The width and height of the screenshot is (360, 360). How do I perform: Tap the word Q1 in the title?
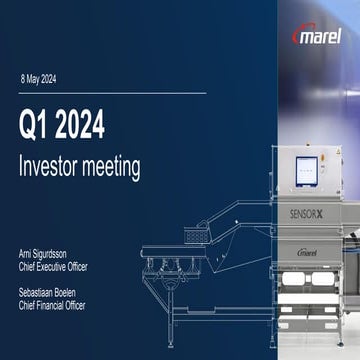click(37, 126)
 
